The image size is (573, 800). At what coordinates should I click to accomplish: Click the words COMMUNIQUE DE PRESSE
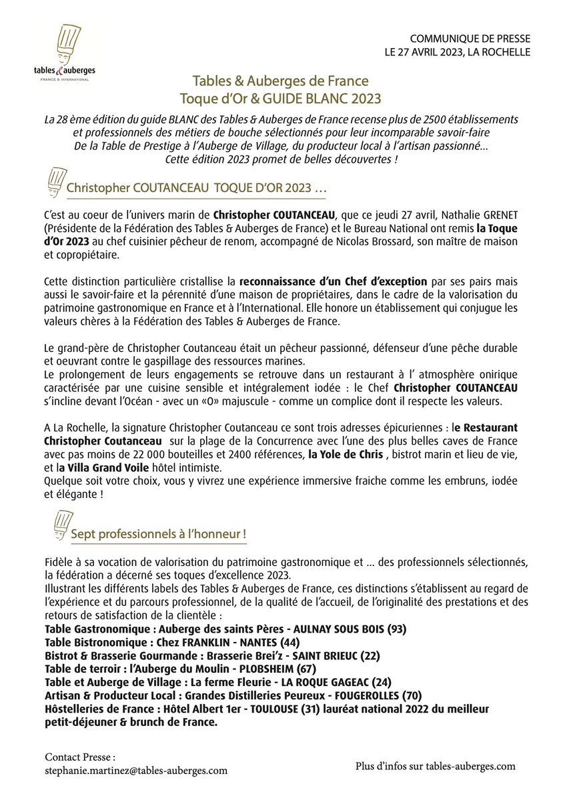[x=470, y=39]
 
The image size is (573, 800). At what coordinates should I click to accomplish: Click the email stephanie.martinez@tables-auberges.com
[x=136, y=770]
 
